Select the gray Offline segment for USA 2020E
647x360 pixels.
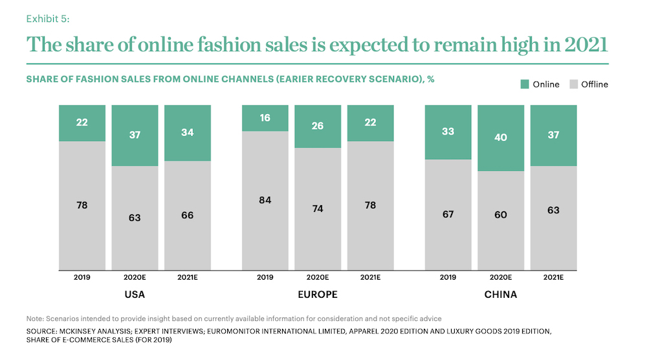tap(135, 218)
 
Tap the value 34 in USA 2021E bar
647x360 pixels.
tap(188, 133)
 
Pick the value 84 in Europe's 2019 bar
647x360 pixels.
tap(265, 199)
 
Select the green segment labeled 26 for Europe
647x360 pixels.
tap(318, 126)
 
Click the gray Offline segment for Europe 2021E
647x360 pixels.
tap(370, 205)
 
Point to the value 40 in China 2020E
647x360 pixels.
tap(501, 137)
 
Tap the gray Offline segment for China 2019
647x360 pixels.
tap(448, 214)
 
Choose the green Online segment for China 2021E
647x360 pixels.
tap(554, 135)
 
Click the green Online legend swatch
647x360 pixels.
tap(525, 84)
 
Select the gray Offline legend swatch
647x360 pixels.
tap(573, 84)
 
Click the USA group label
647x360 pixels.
tap(135, 295)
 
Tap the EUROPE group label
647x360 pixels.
tap(318, 295)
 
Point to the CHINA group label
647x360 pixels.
tap(501, 295)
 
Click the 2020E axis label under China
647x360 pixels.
tap(501, 277)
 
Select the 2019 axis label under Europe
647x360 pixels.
tap(265, 277)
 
